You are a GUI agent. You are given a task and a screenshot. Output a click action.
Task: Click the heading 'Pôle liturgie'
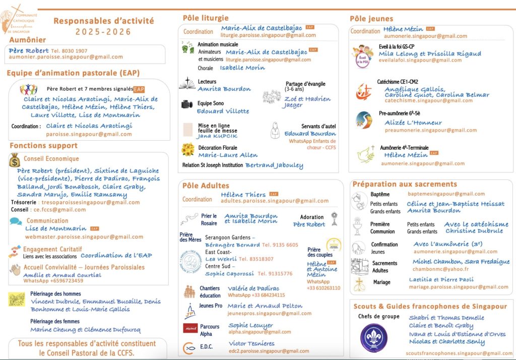pyautogui.click(x=206, y=18)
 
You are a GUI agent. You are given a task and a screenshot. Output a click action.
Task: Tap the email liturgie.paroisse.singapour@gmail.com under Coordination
pyautogui.click(x=268, y=35)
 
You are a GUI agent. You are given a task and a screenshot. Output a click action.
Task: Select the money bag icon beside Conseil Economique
pyautogui.click(x=15, y=159)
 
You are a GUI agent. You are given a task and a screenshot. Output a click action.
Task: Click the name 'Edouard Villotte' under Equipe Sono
pyautogui.click(x=223, y=111)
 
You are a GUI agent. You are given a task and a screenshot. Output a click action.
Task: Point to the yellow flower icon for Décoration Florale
pyautogui.click(x=188, y=150)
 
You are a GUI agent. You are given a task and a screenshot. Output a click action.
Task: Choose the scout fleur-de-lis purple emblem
pyautogui.click(x=374, y=337)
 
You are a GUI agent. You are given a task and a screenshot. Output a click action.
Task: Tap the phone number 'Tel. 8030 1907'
pyautogui.click(x=69, y=51)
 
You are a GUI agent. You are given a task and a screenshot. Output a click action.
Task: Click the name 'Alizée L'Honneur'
pyautogui.click(x=413, y=123)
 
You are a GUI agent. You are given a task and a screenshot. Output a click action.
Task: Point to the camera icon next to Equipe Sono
pyautogui.click(x=187, y=104)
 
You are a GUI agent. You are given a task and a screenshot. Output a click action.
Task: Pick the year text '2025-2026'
pyautogui.click(x=103, y=32)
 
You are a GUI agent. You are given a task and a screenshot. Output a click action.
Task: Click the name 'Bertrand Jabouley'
pyautogui.click(x=274, y=165)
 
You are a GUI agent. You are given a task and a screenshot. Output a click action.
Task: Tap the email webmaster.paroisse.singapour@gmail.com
pyautogui.click(x=84, y=236)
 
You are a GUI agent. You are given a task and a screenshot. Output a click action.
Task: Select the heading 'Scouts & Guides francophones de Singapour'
pyautogui.click(x=430, y=306)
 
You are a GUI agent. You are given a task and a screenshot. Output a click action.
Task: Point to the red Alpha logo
pyautogui.click(x=189, y=328)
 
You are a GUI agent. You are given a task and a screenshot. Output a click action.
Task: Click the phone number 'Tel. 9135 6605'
pyautogui.click(x=280, y=245)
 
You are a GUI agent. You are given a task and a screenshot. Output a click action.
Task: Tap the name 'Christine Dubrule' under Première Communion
pyautogui.click(x=474, y=231)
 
